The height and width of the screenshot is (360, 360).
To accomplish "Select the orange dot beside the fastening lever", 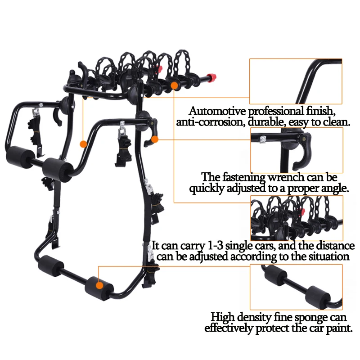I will [155, 140].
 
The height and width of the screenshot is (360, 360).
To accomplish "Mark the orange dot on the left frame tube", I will [83, 144].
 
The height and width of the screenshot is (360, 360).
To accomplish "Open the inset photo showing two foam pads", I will [296, 287].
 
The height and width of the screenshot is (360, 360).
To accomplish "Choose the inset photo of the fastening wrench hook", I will [296, 150].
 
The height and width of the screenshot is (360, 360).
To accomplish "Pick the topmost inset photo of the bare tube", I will [296, 81].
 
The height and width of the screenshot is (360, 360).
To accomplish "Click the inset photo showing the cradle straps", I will [296, 218].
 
